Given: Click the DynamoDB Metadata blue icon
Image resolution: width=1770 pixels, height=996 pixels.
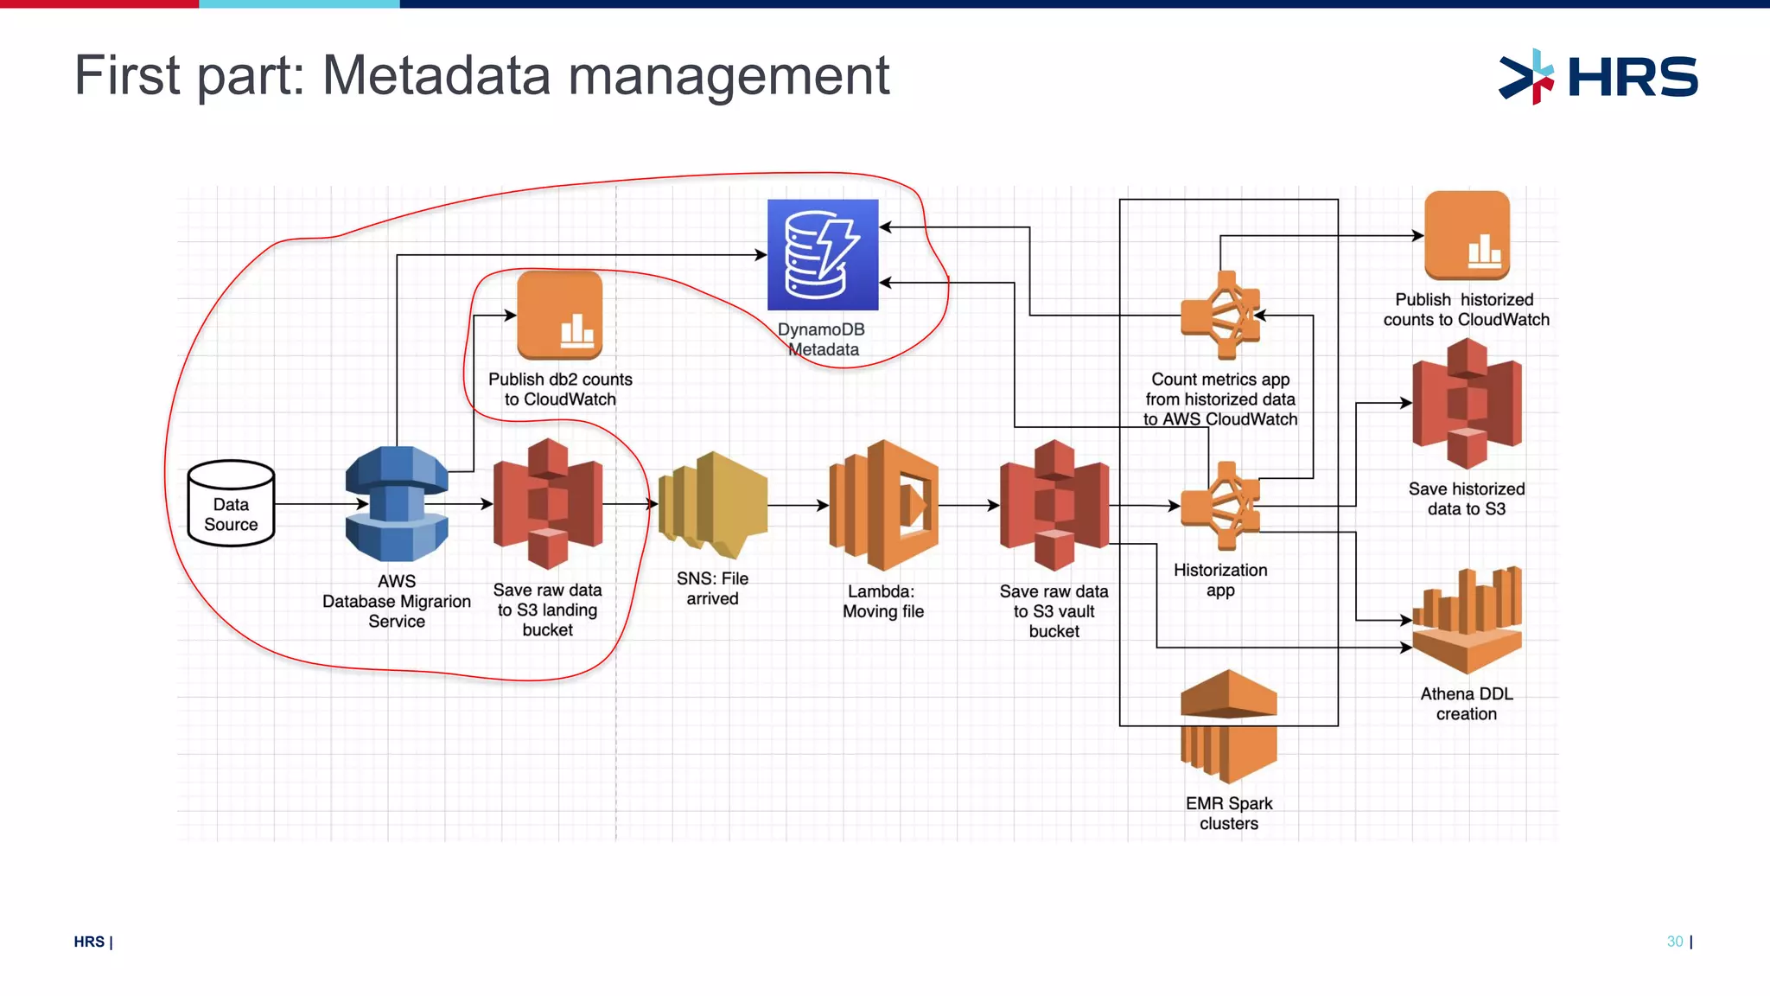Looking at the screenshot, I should pos(823,255).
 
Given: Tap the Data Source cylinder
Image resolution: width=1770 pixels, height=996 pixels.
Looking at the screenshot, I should pos(231,503).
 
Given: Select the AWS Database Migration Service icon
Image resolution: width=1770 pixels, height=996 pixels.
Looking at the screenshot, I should pos(397,504).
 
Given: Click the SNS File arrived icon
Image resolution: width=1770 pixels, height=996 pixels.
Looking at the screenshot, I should pos(713,504).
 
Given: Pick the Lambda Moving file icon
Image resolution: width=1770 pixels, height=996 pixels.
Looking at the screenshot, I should pos(883,505).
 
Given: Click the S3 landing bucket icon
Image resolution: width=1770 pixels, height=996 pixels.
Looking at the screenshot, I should pos(548,503).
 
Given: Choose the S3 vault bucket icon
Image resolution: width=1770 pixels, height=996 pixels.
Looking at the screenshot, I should pos(1054,505).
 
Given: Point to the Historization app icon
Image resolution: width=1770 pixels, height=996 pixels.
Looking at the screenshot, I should pos(1220,506).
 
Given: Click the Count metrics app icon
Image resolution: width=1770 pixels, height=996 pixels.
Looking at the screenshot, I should pos(1220,316).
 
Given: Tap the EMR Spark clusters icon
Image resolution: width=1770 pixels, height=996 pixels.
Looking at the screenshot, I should pos(1228,726).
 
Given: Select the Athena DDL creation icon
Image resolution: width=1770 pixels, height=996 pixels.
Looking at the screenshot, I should pos(1467,620).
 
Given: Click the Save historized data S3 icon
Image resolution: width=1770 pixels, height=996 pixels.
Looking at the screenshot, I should pos(1467,403).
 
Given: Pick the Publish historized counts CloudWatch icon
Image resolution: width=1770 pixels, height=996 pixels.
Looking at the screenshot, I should pos(1467,235).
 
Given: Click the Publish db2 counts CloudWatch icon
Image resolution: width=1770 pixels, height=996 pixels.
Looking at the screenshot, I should pos(560,316).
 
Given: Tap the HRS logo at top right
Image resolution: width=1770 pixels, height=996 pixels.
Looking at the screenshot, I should pos(1598,76).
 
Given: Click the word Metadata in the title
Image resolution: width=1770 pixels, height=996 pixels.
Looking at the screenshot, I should pos(436,75).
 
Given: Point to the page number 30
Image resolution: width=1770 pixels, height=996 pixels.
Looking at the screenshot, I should pos(1674,942).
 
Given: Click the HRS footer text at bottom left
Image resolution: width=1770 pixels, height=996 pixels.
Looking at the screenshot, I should pos(89,942).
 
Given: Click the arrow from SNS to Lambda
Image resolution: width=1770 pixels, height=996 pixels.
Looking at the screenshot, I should pos(797,505).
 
